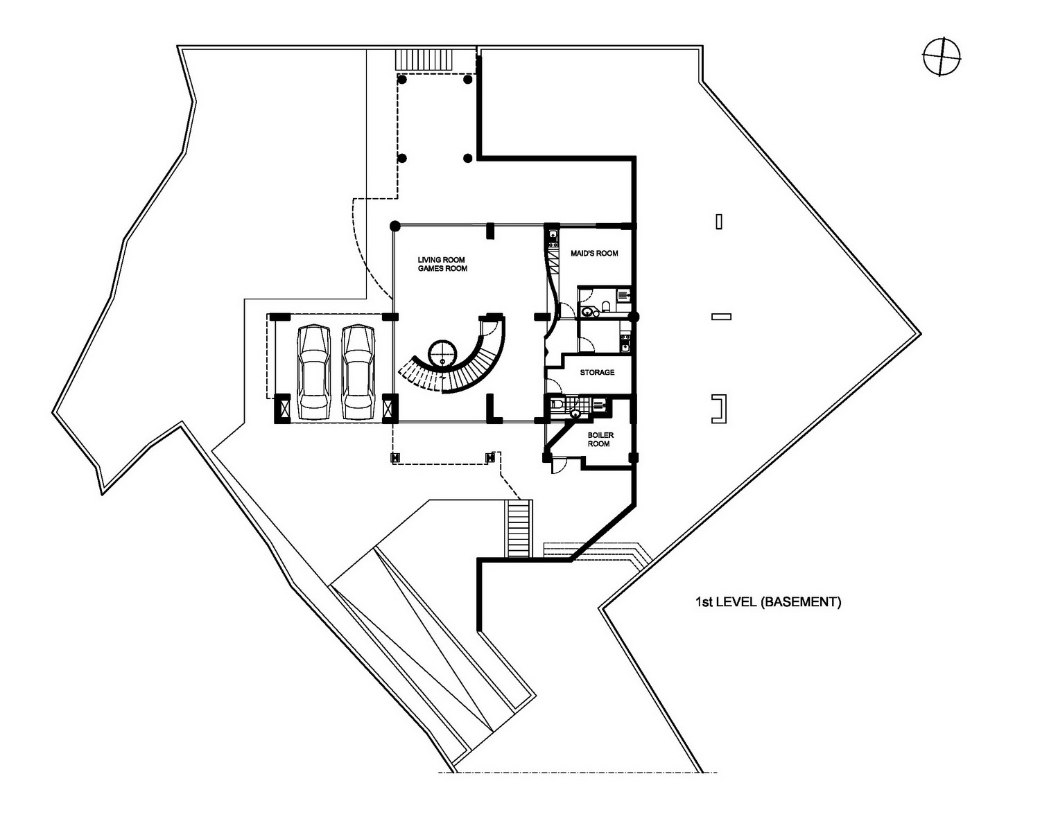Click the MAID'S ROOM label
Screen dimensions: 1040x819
tap(594, 253)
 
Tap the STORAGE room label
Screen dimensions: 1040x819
tap(597, 372)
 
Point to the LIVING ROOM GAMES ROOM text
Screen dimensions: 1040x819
tap(442, 264)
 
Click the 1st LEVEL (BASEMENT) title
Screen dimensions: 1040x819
tap(768, 601)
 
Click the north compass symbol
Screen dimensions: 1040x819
tap(942, 57)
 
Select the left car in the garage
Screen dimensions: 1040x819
tap(314, 372)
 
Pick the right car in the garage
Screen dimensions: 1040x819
tap(358, 372)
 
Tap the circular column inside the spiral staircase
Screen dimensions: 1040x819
tap(442, 353)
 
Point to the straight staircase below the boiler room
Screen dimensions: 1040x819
tap(519, 528)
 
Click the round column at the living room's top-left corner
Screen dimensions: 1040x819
tap(395, 225)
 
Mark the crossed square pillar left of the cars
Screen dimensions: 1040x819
tap(282, 409)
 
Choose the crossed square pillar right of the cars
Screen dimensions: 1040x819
tap(390, 409)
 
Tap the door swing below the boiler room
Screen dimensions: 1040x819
tap(558, 465)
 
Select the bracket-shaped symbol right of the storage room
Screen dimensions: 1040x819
tap(719, 409)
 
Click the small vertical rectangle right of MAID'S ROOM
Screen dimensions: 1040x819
tap(719, 222)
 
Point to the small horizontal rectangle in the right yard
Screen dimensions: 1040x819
tap(722, 317)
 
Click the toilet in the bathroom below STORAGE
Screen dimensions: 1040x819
tap(557, 403)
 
